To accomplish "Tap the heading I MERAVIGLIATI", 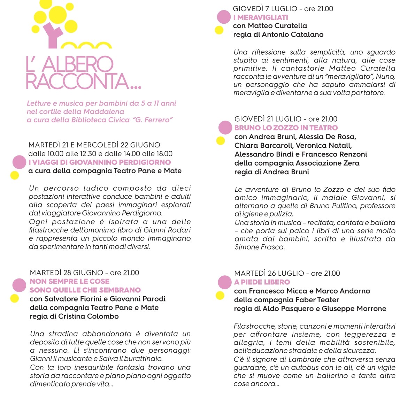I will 261,17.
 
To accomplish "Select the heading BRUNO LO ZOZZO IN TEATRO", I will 286,128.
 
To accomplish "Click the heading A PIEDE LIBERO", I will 262,282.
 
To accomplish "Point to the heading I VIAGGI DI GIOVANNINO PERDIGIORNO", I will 100,162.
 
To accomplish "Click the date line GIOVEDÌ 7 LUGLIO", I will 265,9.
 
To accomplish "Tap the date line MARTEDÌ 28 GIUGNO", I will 67,273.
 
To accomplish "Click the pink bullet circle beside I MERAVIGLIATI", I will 224,17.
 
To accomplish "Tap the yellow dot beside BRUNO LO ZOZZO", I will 221,141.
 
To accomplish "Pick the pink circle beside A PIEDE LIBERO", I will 225,282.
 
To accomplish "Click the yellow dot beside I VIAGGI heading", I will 15,175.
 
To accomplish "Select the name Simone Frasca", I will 260,247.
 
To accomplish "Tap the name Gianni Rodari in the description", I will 170,230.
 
